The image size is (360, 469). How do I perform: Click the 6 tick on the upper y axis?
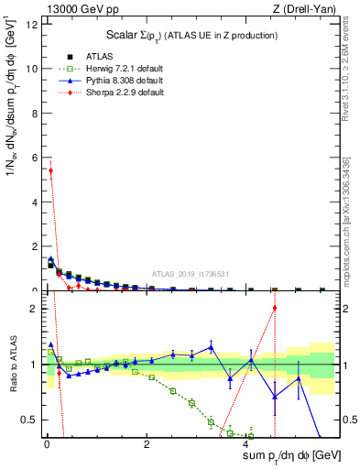34,158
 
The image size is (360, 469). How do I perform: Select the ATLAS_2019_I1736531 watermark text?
190,274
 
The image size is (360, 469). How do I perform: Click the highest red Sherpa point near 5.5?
50,170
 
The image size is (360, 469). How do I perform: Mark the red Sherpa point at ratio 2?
274,308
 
